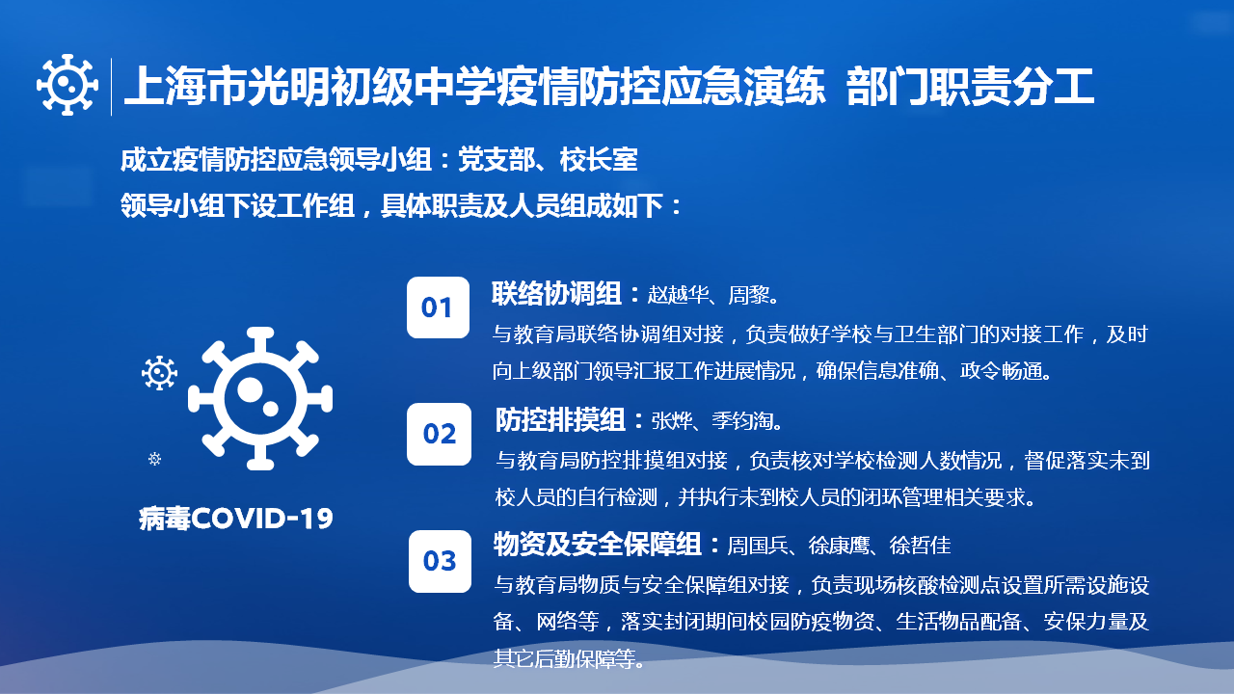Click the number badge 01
438,307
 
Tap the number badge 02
439,434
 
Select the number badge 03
440,561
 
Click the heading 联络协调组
556,294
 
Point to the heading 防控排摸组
560,420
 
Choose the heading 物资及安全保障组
597,545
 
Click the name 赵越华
678,295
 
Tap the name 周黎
749,295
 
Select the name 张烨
672,421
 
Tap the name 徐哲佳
921,546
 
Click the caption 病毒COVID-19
236,519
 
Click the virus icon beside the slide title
67,86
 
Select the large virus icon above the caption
260,399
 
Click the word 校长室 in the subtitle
599,160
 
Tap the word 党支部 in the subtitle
496,160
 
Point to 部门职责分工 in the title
970,87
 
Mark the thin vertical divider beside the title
111,87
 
